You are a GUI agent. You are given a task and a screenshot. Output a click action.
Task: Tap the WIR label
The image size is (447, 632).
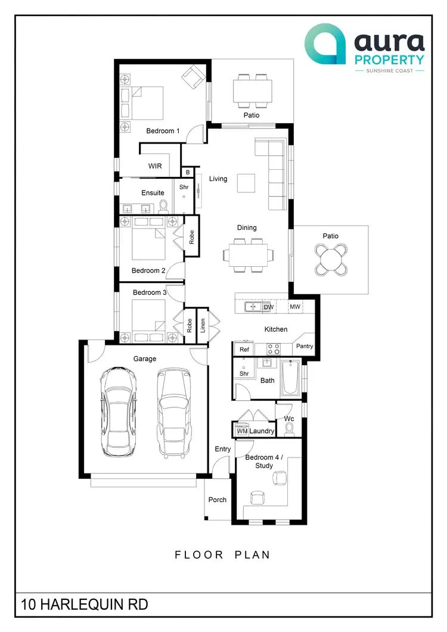pos(155,166)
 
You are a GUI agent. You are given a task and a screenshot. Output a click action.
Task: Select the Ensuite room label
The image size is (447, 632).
pos(153,193)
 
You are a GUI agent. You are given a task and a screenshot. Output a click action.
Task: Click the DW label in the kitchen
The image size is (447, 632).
pos(268,307)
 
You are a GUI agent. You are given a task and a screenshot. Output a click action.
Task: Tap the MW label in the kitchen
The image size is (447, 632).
pos(295,307)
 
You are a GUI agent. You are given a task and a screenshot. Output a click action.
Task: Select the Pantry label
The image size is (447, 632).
pos(304,346)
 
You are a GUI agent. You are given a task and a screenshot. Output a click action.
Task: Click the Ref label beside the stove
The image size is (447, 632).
pos(244,350)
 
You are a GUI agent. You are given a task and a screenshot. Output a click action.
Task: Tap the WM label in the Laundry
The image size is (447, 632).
pos(242,431)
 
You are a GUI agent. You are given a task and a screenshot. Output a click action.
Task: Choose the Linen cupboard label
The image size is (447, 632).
pos(203,325)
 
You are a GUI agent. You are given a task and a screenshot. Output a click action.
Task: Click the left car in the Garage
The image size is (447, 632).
pos(117,411)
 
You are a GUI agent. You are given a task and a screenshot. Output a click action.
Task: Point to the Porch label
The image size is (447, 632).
pos(218,500)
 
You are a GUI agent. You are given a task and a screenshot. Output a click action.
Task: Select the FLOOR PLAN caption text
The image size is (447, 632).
pos(222,555)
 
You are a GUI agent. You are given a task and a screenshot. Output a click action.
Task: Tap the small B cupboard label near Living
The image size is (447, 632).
pos(188,172)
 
